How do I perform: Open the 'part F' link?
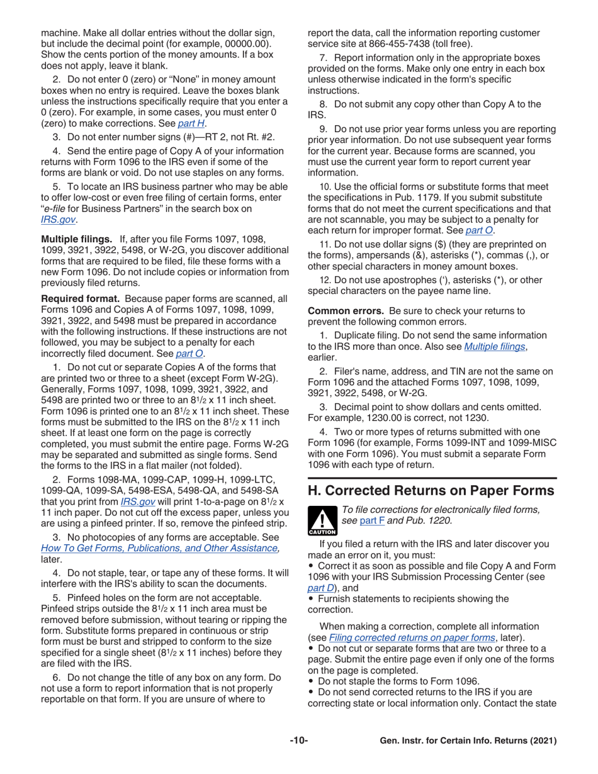click(x=371, y=520)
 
